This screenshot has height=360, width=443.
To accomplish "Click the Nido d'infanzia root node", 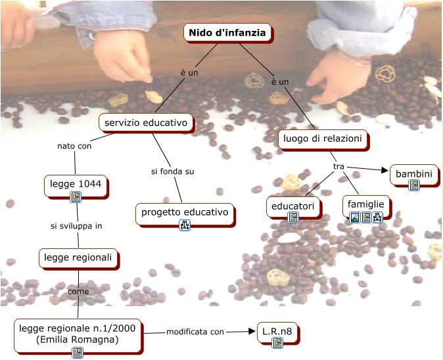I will [x=227, y=32].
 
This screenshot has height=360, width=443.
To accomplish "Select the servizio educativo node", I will [x=146, y=122].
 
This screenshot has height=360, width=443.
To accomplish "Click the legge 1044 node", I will [x=76, y=184].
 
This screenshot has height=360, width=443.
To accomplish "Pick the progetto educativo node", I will [x=185, y=212].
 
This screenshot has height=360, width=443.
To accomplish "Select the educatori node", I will [x=293, y=206].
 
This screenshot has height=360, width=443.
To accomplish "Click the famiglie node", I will [x=366, y=204].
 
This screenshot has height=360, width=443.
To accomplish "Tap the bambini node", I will [x=413, y=174].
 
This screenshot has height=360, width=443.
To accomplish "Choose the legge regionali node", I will [x=78, y=258].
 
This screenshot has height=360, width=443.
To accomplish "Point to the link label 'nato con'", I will [x=74, y=146].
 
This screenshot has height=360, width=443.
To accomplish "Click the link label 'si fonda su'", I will [x=172, y=171].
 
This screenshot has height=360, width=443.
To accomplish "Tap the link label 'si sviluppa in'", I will [x=76, y=226].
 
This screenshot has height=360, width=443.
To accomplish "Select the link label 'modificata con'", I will [x=195, y=332].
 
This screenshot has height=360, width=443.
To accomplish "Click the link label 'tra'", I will [x=339, y=166].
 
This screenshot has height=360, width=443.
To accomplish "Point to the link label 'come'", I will [x=78, y=291].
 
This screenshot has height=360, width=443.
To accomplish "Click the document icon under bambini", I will [x=413, y=185].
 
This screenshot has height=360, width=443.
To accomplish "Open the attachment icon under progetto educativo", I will [x=185, y=225].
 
